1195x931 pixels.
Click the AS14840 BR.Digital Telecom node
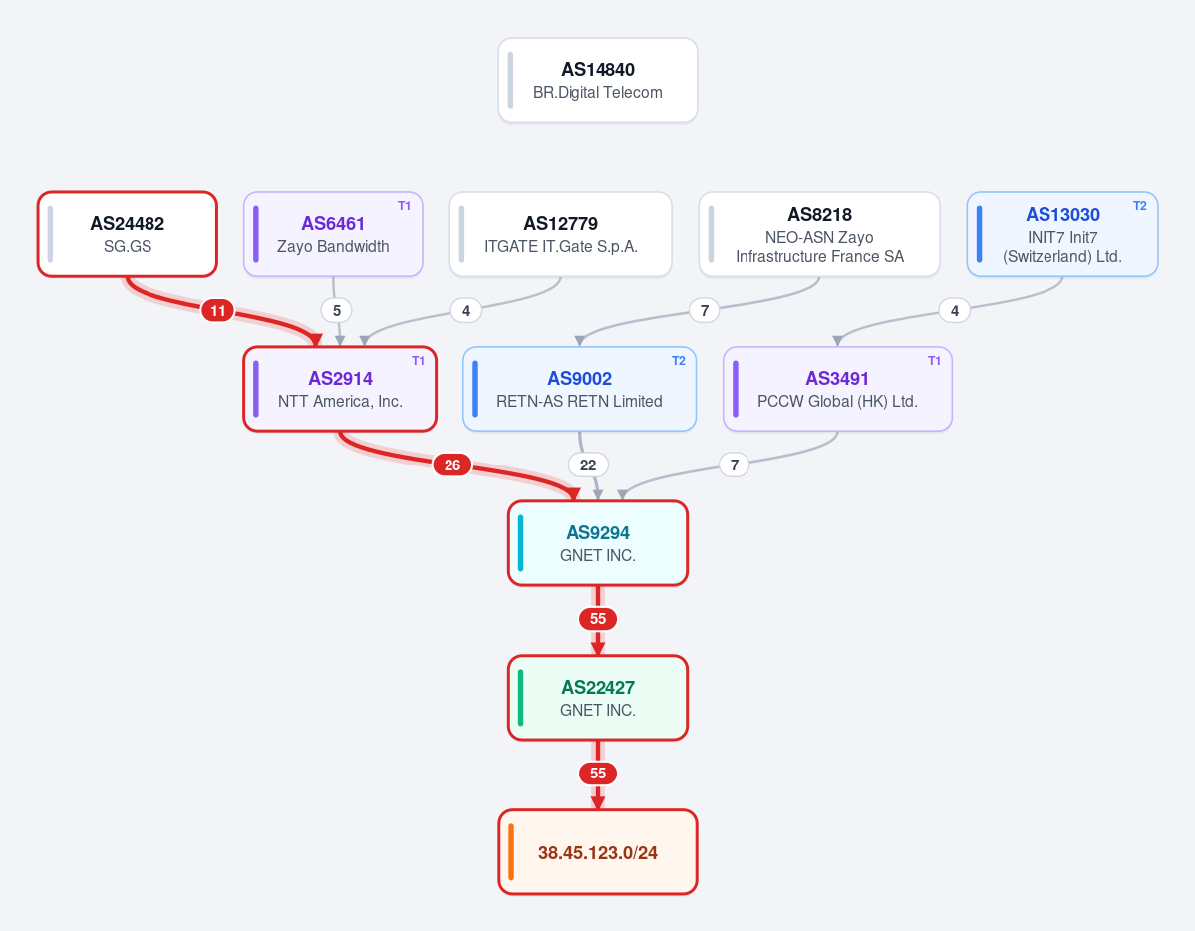pos(598,80)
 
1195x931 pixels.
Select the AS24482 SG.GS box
pos(128,234)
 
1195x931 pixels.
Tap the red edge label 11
pos(218,310)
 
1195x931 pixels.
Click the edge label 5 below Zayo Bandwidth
pos(336,310)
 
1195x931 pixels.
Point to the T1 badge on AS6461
pos(404,206)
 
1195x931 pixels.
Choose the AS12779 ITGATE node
pos(560,234)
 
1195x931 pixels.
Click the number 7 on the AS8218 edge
pos(705,310)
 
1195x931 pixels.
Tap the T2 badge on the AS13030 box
pos(1139,206)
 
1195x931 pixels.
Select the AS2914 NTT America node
pos(340,389)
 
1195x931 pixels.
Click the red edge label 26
pos(451,465)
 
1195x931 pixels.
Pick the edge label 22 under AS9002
pos(588,465)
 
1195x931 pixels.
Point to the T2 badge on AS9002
pos(679,361)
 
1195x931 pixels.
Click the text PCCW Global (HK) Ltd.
pos(837,401)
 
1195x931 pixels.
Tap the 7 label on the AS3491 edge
pos(734,465)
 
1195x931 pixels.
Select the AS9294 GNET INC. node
pos(598,543)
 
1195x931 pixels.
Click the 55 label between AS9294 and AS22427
pos(598,618)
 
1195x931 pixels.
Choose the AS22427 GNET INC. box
pos(598,698)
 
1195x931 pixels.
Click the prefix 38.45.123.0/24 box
pos(598,851)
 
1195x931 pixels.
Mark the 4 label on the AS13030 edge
pos(954,310)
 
